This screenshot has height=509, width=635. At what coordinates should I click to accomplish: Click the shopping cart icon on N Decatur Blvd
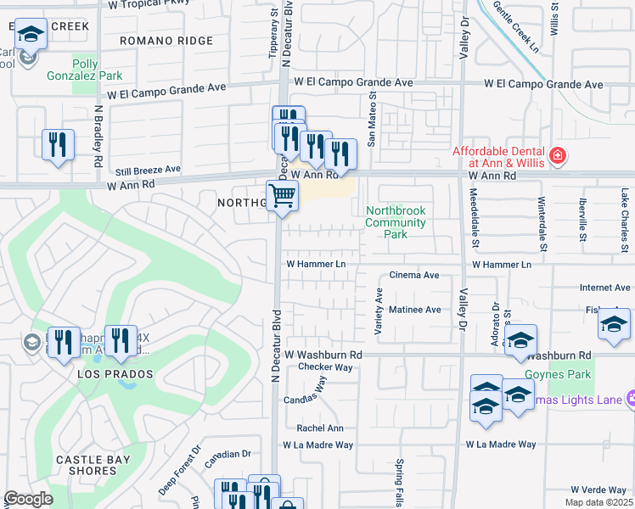[x=283, y=196]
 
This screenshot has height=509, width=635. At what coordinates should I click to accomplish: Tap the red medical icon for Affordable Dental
[x=557, y=155]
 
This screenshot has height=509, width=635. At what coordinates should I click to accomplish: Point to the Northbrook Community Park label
[x=395, y=222]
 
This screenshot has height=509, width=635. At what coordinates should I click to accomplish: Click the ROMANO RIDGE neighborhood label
[x=166, y=41]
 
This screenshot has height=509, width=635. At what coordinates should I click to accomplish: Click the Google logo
[x=28, y=499]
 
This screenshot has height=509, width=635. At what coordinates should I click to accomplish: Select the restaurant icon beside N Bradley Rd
[x=58, y=144]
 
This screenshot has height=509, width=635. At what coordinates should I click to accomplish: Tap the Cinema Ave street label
[x=413, y=275]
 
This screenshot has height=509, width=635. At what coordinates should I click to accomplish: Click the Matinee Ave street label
[x=414, y=310]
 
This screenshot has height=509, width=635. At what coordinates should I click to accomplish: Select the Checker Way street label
[x=324, y=367]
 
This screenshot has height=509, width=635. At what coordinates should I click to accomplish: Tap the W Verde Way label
[x=598, y=489]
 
